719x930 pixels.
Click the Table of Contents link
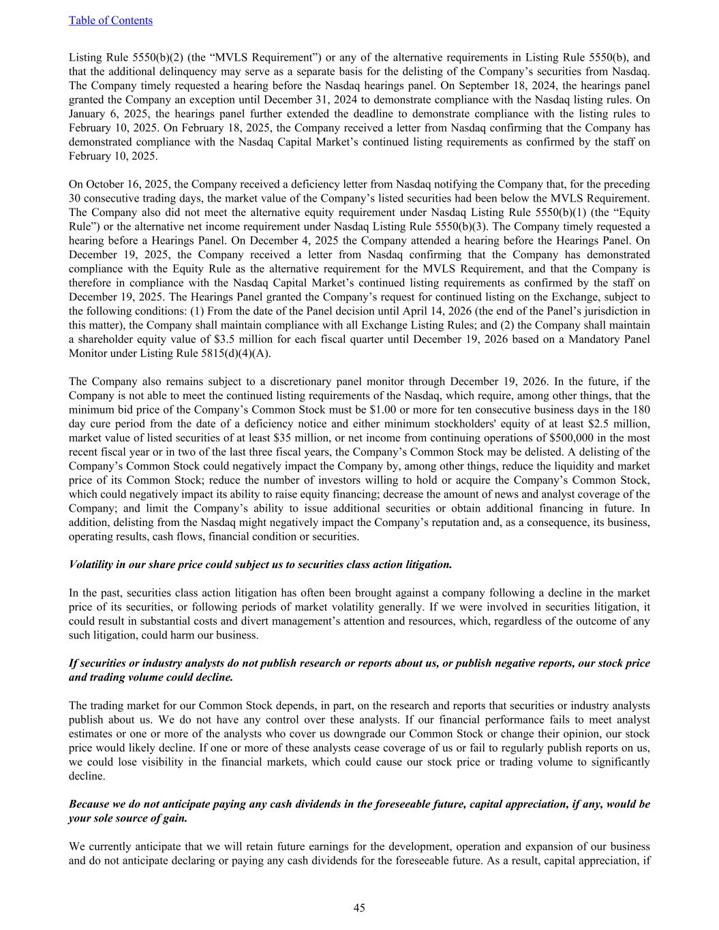pos(110,20)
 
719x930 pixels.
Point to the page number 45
pos(359,907)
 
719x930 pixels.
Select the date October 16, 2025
pos(121,185)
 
